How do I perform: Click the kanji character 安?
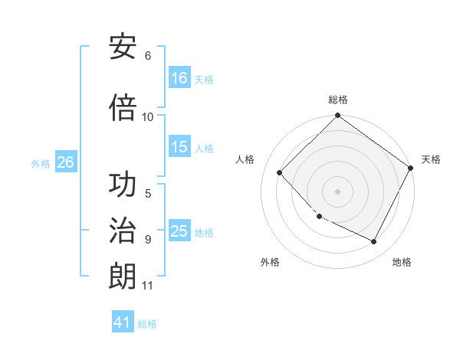[123, 47]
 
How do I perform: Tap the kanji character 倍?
[123, 108]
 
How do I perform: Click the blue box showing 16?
[179, 78]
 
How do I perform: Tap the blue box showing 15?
[179, 147]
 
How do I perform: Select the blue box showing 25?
[179, 232]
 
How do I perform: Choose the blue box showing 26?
[65, 162]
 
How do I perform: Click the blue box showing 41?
[123, 322]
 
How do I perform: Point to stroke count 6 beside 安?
[148, 56]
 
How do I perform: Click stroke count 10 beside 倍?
[148, 116]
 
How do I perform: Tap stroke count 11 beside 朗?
[148, 286]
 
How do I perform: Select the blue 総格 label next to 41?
[147, 324]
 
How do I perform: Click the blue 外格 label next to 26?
[41, 163]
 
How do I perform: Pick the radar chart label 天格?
[431, 159]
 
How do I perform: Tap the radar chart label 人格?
[245, 159]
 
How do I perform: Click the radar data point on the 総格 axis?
[337, 116]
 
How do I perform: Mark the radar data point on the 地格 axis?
[374, 242]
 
